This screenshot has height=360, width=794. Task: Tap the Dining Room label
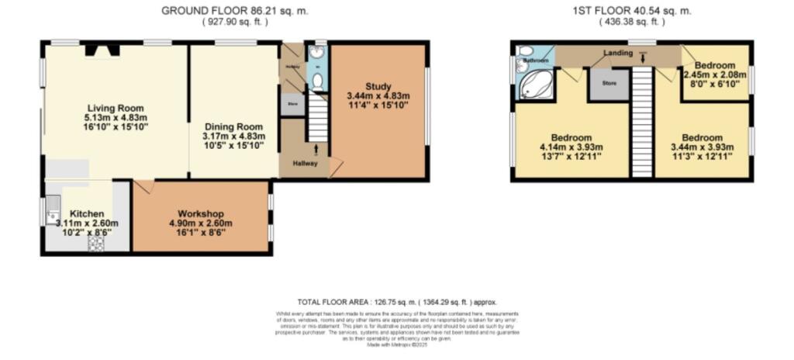234,126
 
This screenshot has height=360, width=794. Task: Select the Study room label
378,85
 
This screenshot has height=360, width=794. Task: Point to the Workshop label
201,213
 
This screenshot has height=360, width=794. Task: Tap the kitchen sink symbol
52,206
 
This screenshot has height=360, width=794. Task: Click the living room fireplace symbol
102,51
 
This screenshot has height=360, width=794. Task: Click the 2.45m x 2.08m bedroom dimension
714,74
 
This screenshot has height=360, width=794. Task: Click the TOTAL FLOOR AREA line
397,302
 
